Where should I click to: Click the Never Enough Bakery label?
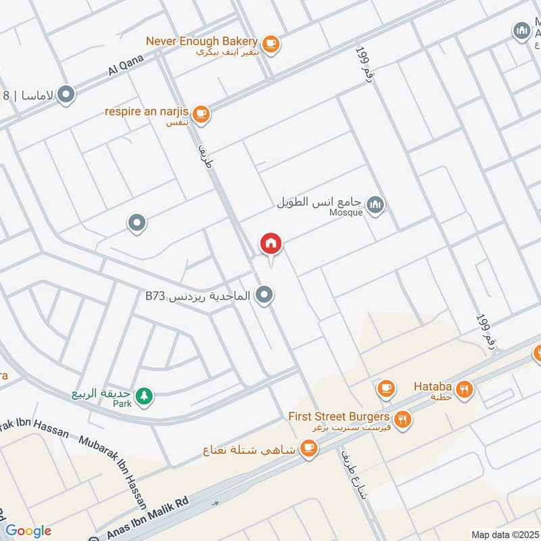coord(202,41)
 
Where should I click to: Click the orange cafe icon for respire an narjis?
coord(201,114)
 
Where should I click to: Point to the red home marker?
coord(271,243)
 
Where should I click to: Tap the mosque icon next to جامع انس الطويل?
coord(375,204)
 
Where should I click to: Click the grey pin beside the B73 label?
coord(266,296)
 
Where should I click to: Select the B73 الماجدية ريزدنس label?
coord(197,296)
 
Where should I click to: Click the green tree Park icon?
coord(143,396)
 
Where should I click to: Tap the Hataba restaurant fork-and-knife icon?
coord(464,389)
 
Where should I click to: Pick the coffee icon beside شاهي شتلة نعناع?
coord(309,448)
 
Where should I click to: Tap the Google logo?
coord(28,531)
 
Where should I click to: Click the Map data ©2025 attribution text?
coord(504,534)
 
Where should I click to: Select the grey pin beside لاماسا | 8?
coord(66,95)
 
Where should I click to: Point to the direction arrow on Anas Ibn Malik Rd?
coord(216,504)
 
